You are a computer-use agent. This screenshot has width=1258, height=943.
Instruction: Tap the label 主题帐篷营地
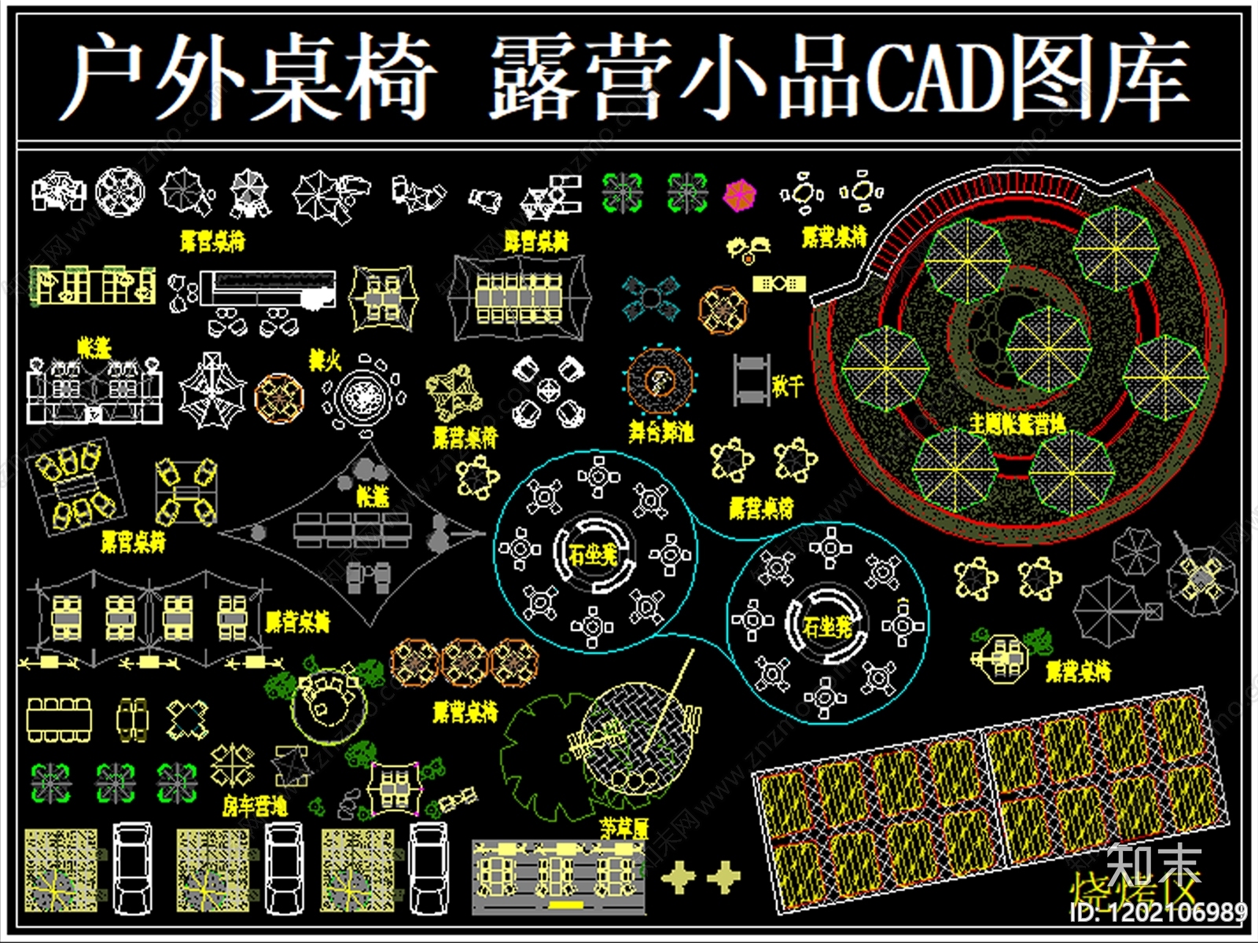[x=1017, y=425]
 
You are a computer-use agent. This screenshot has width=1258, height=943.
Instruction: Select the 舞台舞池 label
[x=660, y=431]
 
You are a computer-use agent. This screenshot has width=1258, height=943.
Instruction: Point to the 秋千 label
[x=787, y=385]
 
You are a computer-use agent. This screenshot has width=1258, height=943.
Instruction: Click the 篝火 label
[x=324, y=361]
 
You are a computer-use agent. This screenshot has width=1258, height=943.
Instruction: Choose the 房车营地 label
[x=254, y=805]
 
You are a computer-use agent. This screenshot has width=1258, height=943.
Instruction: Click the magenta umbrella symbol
[x=739, y=195]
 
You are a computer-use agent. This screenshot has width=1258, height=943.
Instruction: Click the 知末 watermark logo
[x=1153, y=864]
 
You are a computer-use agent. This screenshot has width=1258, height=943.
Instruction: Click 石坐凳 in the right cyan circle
[x=827, y=626]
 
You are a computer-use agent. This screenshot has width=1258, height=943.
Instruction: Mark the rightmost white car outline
[x=429, y=868]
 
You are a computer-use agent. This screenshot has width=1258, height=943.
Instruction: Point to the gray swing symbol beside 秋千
[x=751, y=380]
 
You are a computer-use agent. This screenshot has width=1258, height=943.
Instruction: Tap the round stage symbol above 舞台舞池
[x=660, y=382]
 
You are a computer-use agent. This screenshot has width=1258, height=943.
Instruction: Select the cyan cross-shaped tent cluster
[x=651, y=298]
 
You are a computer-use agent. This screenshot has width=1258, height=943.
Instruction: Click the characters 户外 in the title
[x=153, y=79]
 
